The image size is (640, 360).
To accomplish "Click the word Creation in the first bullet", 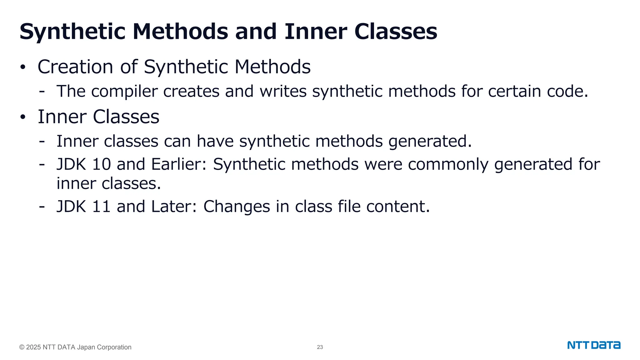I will tap(75, 67).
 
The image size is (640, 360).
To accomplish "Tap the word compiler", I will tap(124, 92).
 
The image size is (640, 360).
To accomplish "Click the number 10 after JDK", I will tap(101, 164).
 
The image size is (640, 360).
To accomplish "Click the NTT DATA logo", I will tap(594, 345).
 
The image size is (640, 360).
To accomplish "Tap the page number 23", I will tap(320, 347).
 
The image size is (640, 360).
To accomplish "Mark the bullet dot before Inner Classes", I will tap(22, 117).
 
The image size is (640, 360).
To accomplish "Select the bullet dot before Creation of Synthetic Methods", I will tap(22, 67).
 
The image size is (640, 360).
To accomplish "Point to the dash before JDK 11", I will tap(42, 207).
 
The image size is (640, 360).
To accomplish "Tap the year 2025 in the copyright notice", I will tap(33, 347).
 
